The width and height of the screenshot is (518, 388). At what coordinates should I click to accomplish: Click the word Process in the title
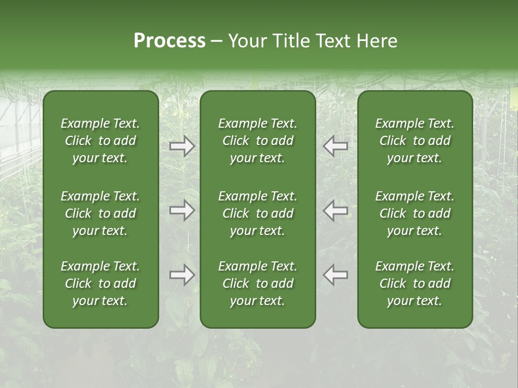(x=169, y=41)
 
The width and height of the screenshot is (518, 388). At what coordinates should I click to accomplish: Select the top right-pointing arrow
(x=182, y=146)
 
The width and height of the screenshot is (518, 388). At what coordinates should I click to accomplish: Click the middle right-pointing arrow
(x=182, y=211)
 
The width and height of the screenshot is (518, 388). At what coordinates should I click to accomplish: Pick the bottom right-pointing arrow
(x=182, y=275)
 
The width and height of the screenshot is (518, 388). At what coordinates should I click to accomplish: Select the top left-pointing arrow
(x=336, y=146)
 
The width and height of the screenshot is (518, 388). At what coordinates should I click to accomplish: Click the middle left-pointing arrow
(x=336, y=211)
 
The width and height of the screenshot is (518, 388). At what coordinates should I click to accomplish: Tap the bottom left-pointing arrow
(x=336, y=275)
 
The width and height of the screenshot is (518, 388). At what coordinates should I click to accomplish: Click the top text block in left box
(x=100, y=141)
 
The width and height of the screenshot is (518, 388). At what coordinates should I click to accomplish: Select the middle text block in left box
(x=100, y=213)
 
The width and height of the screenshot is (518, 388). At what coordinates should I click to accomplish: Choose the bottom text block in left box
(x=100, y=283)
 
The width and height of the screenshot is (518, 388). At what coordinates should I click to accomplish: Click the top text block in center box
(x=257, y=141)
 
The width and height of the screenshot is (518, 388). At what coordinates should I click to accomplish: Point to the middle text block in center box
(x=257, y=213)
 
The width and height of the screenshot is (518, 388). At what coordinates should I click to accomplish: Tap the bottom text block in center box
(x=257, y=283)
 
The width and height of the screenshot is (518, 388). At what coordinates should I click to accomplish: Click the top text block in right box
(x=414, y=141)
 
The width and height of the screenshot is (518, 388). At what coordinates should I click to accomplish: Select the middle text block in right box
(x=414, y=213)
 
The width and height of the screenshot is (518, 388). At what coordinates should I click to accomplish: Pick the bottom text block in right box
(x=414, y=283)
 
